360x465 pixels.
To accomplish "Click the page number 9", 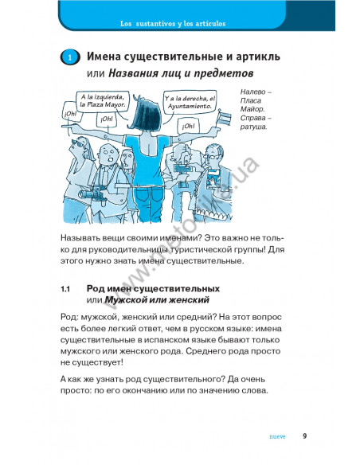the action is click(304, 436).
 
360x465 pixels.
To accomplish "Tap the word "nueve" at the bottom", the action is click(277, 436).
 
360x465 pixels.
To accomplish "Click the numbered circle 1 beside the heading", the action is click(70, 57).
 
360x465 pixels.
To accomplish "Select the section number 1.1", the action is click(65, 289).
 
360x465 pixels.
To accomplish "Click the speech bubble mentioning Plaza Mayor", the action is click(102, 101).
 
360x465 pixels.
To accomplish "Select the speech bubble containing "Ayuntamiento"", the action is click(190, 102).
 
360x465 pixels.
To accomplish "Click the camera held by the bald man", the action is click(91, 193).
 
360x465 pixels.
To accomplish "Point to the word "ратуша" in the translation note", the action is click(253, 127).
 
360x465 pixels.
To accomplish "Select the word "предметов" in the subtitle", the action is click(224, 73).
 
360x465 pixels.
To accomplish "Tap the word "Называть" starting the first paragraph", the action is click(80, 238).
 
